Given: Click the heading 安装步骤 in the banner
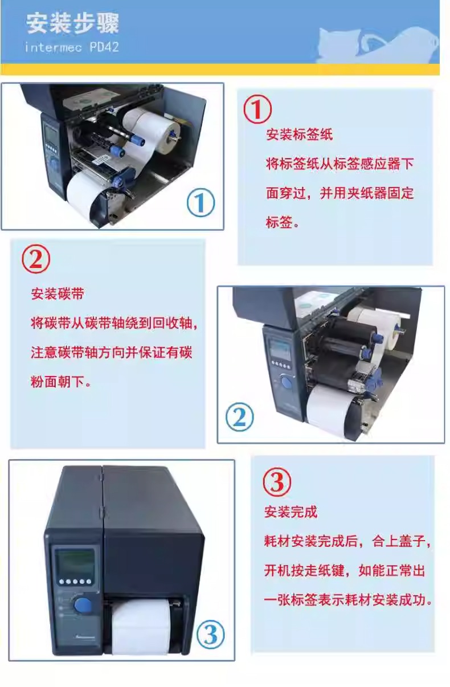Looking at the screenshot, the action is click(x=72, y=23).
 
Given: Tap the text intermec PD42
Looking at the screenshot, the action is click(x=72, y=47).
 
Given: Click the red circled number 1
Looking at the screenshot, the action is click(x=257, y=109).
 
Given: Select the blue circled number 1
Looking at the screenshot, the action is click(x=201, y=203).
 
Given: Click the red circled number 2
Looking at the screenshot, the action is click(x=36, y=259).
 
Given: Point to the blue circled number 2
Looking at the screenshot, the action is click(x=240, y=417).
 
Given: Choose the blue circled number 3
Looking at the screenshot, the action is click(x=210, y=635).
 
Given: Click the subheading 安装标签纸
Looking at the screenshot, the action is click(x=299, y=134).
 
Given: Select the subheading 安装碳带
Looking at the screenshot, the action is click(x=58, y=294).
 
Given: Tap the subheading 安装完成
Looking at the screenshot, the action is click(x=291, y=512).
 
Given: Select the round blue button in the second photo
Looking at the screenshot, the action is click(x=287, y=382).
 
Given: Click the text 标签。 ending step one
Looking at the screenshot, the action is click(x=282, y=222).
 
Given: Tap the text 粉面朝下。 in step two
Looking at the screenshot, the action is click(x=61, y=382).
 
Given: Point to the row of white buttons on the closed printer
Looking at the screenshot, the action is click(x=75, y=582).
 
